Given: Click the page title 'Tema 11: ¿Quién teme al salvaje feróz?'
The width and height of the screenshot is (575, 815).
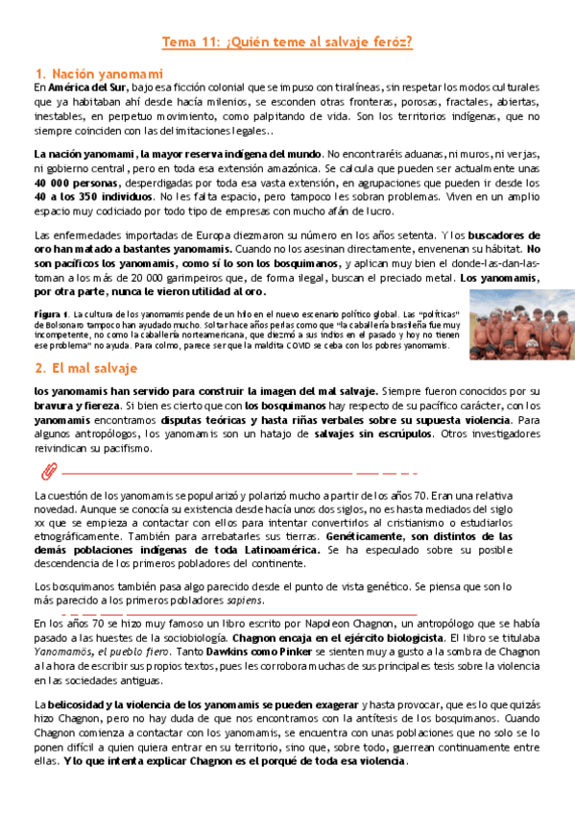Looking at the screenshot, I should click(x=287, y=42).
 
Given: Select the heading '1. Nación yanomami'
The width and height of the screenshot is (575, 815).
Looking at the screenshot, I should click(x=98, y=74).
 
